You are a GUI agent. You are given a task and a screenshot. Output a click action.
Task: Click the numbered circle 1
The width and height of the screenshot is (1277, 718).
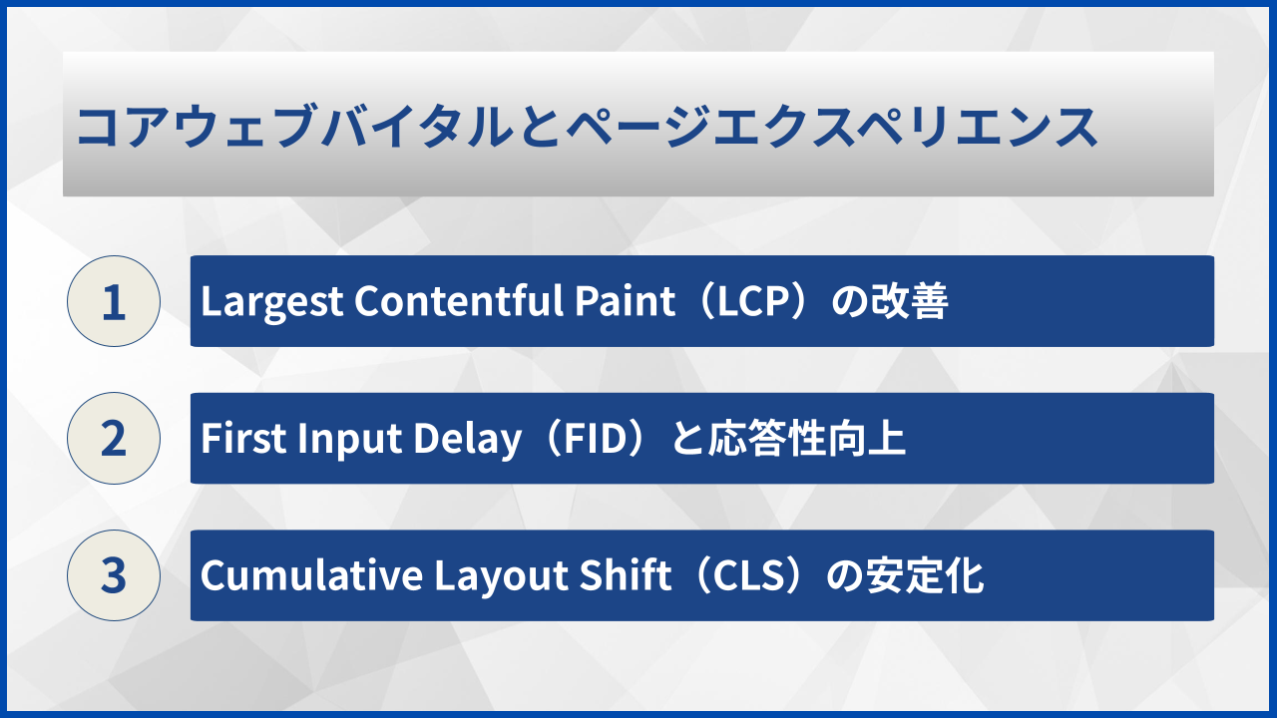[x=114, y=301]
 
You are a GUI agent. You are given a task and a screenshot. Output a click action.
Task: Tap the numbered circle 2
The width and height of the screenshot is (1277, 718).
[x=114, y=438]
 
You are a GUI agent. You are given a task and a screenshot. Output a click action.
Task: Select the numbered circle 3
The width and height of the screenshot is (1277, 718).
[x=114, y=575]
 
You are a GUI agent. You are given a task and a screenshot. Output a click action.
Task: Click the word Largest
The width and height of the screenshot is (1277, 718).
[x=272, y=302]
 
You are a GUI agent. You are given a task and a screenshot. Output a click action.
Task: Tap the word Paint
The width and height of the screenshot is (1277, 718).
[x=625, y=300]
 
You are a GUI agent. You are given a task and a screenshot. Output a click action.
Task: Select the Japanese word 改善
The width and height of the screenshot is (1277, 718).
[x=909, y=301]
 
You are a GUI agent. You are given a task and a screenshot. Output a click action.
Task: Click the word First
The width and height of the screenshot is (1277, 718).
[x=243, y=438]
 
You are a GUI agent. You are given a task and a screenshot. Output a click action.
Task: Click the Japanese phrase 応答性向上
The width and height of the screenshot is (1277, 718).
[x=807, y=438]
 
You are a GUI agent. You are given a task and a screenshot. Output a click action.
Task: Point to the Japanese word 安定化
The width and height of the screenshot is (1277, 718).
[x=925, y=575]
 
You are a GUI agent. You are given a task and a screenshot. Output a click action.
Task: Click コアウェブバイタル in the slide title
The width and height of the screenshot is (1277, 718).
[x=295, y=127]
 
